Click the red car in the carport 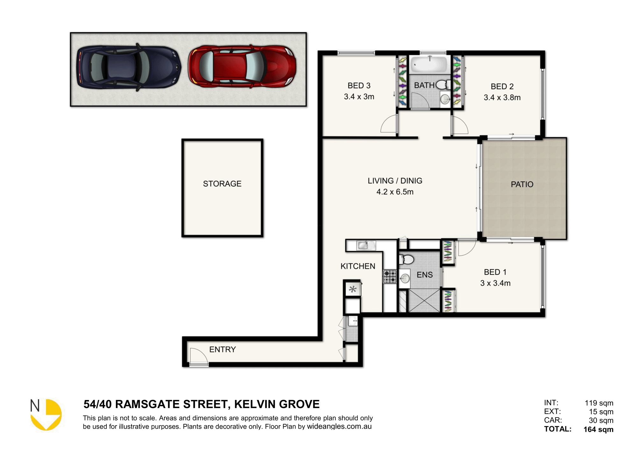(242, 66)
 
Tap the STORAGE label (222, 184)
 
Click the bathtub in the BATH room (430, 65)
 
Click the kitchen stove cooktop (390, 277)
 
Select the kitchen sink (366, 245)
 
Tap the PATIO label (522, 184)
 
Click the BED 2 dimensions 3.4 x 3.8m (502, 97)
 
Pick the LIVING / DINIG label (395, 181)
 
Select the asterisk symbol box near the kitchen (353, 289)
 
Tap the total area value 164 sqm (598, 429)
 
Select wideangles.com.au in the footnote (339, 426)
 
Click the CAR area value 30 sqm (601, 420)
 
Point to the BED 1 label (495, 272)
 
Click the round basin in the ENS (404, 279)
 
